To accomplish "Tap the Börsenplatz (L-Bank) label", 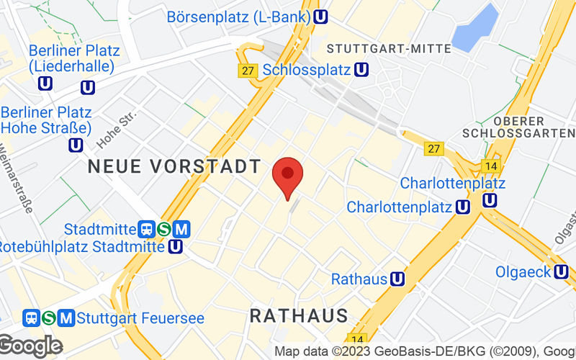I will pos(238,16).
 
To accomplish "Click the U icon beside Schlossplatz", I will pos(361,70).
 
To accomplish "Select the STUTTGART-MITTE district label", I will pos(389,48).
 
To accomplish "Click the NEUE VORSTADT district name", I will pos(174,166).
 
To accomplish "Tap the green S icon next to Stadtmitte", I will pos(164,229).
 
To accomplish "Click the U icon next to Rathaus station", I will pos(397,279).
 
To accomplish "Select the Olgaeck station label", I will pos(523,272).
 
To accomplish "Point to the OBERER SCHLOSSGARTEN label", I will pos(519,127).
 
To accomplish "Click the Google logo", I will pos(30,346).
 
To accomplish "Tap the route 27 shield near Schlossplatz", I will pos(248,71).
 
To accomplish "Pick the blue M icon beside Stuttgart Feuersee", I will pos(67,318).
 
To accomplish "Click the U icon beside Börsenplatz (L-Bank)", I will pos(323,16).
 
